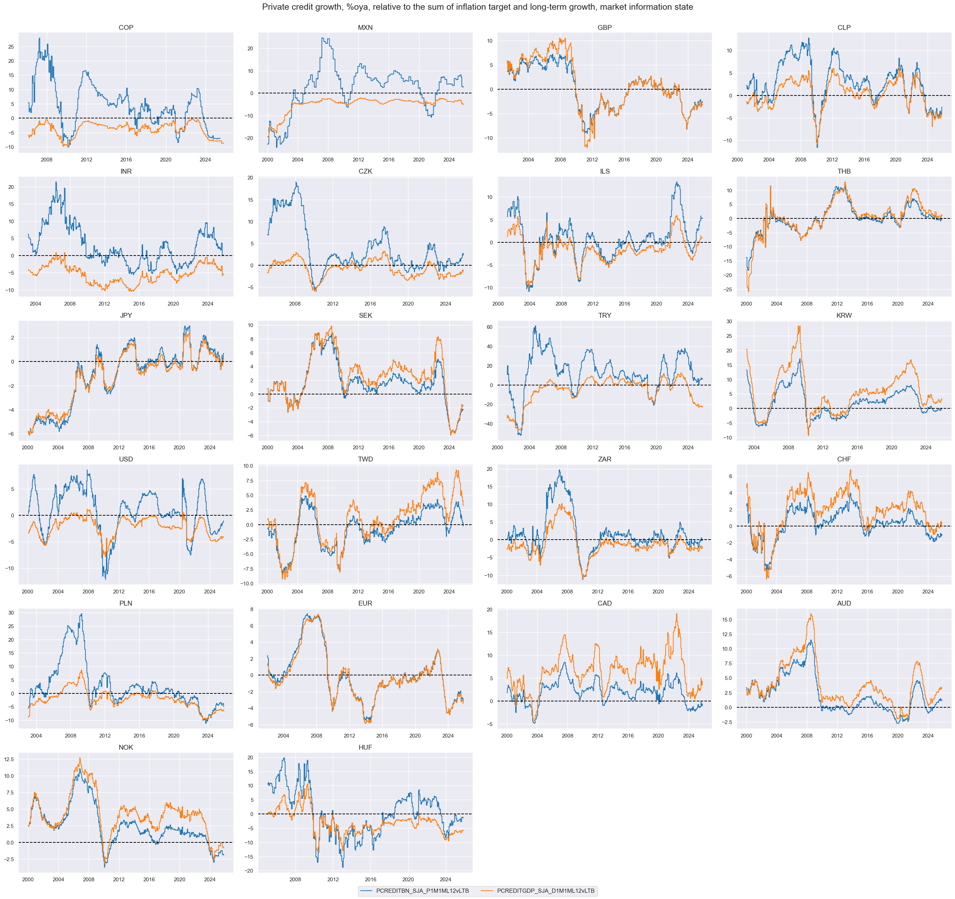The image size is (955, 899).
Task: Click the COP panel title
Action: [x=126, y=27]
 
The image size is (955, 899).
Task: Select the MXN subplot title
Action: [x=365, y=27]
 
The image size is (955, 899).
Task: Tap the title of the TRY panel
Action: [x=604, y=316]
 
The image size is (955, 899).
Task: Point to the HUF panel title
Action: [x=365, y=747]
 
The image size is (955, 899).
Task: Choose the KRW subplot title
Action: [x=844, y=316]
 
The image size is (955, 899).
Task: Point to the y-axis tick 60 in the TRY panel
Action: [x=490, y=327]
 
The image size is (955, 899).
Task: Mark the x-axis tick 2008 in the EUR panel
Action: [x=316, y=735]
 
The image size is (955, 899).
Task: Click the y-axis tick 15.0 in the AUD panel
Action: [x=727, y=620]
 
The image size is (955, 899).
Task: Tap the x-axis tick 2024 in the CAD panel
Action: [x=688, y=735]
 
